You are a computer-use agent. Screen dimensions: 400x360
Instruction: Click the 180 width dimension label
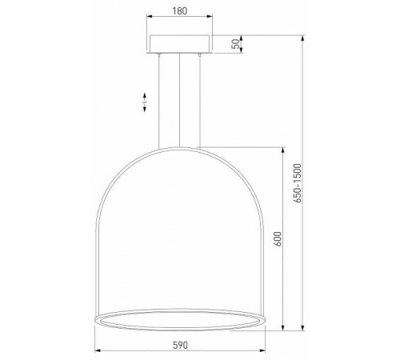tap(180, 11)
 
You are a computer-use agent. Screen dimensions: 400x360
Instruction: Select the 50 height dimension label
tap(236, 44)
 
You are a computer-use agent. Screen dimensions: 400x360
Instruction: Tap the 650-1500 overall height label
tap(298, 183)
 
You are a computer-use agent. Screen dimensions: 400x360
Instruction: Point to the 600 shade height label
tap(278, 239)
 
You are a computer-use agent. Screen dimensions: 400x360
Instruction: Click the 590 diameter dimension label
tap(180, 345)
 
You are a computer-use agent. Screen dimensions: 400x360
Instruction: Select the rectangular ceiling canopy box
tap(181, 44)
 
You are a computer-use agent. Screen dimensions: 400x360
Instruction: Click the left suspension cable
tap(159, 102)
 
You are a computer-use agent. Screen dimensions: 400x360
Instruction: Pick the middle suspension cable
tap(179, 100)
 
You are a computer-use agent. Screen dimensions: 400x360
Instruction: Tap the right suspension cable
tap(199, 101)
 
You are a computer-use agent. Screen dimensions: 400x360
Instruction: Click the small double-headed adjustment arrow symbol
tap(145, 102)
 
